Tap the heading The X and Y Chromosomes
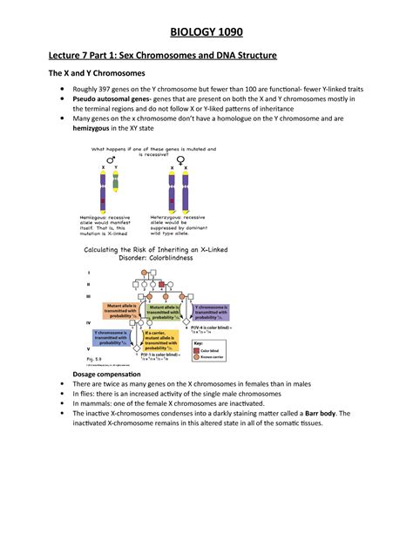click(x=101, y=74)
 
